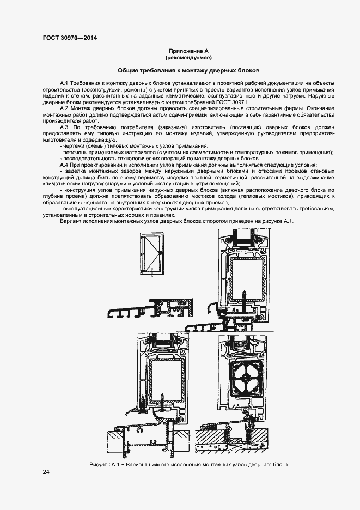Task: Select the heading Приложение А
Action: click(188, 51)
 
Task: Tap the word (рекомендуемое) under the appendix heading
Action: click(188, 57)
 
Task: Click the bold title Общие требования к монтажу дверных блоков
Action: click(189, 71)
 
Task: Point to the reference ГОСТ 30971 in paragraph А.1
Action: click(232, 102)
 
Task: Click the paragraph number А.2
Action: click(66, 109)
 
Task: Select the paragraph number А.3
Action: click(66, 127)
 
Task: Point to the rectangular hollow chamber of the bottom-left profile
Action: click(166, 379)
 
